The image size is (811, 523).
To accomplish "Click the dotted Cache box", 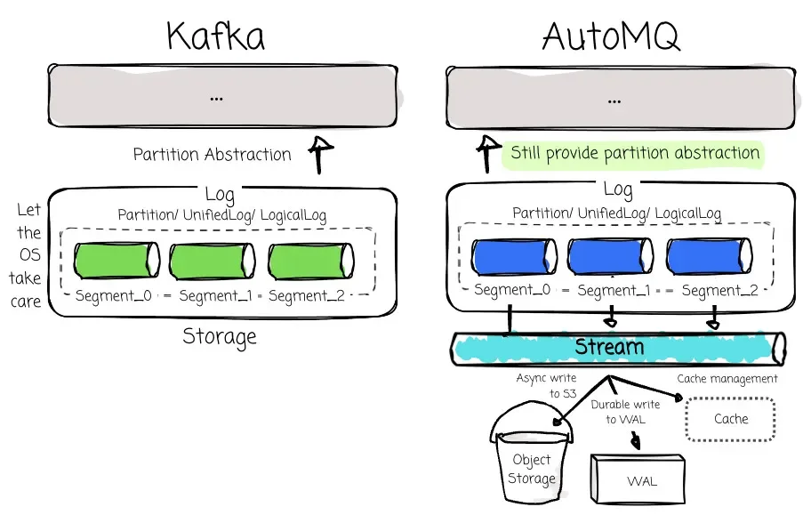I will (731, 418).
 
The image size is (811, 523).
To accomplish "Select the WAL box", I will (641, 481).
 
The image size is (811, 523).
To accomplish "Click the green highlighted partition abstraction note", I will (635, 153).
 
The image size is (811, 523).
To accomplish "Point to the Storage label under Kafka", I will (220, 336).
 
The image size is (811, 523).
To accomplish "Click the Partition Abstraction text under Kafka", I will (212, 155).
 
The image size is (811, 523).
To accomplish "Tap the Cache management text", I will (727, 379).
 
